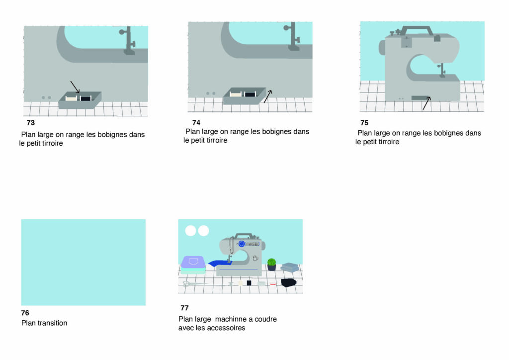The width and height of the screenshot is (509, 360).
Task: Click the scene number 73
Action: tap(31, 123)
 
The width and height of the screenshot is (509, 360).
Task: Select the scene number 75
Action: tap(364, 123)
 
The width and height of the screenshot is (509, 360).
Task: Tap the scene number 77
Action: tap(184, 308)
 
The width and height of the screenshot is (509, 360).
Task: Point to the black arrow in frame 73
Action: tap(75, 87)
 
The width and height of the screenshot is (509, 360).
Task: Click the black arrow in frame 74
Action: tap(268, 96)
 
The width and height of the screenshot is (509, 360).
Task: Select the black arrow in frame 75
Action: tap(427, 103)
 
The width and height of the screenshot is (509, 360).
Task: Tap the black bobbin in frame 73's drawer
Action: tap(85, 98)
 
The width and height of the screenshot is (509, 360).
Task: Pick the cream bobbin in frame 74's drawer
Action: tap(236, 94)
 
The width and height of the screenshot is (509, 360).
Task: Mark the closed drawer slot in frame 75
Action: tap(421, 98)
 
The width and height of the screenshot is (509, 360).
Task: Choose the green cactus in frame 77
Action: tap(272, 262)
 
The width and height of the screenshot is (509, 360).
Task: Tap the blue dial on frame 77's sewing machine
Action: tap(242, 244)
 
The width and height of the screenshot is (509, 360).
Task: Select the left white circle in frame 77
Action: tap(190, 231)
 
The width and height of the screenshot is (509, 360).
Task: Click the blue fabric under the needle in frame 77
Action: tap(220, 263)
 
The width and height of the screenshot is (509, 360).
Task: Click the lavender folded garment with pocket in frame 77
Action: tap(193, 262)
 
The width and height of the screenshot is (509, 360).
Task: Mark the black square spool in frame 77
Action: tap(249, 283)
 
